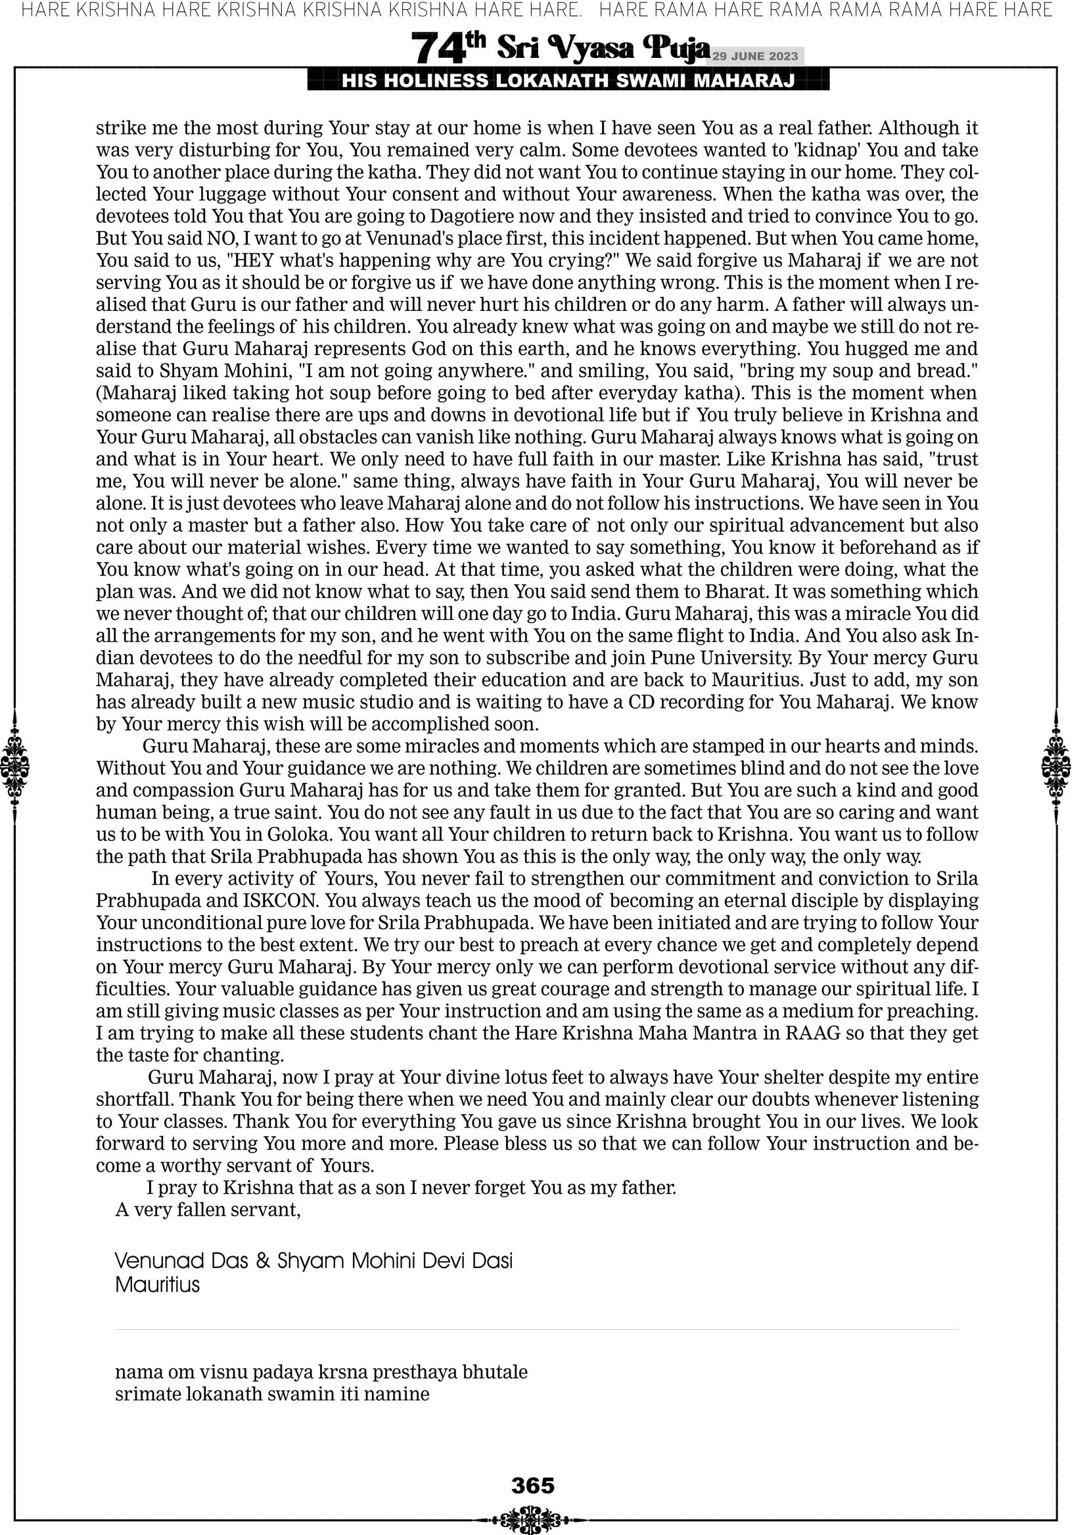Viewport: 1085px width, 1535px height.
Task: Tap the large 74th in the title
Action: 448,48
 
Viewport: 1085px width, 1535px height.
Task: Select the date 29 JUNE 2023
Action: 754,56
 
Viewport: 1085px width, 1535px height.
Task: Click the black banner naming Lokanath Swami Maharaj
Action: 568,81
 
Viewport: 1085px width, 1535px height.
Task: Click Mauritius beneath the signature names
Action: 157,1285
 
